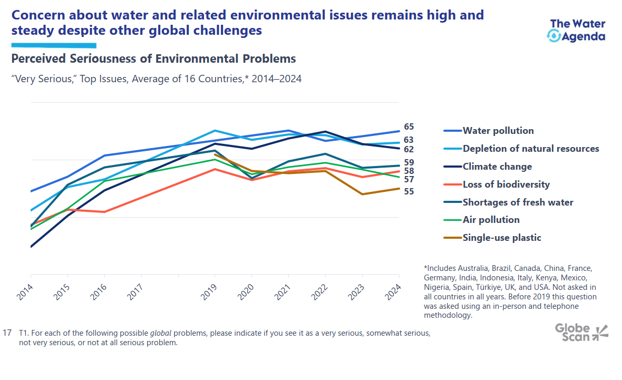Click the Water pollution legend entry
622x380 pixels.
tap(498, 131)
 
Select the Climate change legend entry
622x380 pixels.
tap(497, 167)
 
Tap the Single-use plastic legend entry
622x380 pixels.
tap(502, 238)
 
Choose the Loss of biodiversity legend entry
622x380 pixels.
tap(506, 184)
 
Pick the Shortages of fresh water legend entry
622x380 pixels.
tap(518, 202)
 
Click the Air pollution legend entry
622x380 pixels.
tap(491, 220)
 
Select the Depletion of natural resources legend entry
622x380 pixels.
tap(530, 149)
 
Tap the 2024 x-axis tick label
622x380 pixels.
tap(393, 290)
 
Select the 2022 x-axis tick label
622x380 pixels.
tap(319, 290)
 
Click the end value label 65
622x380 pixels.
tap(409, 127)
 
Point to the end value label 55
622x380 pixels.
tap(409, 191)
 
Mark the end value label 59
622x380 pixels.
tap(409, 162)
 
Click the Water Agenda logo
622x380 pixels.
tap(577, 30)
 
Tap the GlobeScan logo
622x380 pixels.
tap(581, 332)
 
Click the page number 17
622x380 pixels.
tap(7, 333)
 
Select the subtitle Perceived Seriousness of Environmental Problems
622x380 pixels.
tap(153, 59)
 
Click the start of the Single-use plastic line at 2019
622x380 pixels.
tap(215, 154)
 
